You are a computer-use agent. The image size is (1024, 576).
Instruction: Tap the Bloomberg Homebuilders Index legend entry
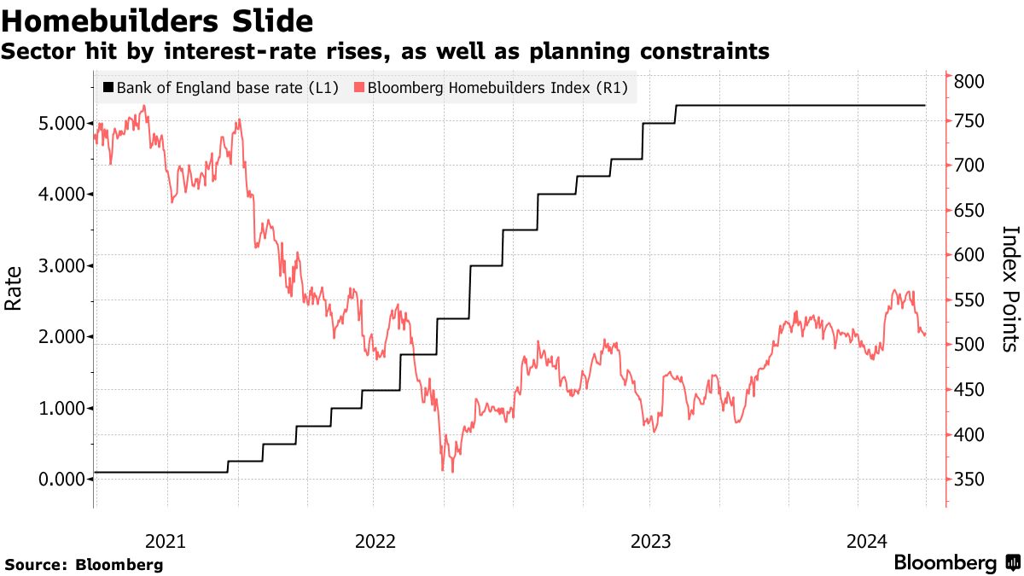pos(492,87)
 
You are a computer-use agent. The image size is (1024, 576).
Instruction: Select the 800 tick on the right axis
pos(970,82)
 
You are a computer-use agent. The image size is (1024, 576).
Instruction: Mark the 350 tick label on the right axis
pos(970,480)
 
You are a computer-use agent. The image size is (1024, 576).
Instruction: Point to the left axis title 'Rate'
pos(15,288)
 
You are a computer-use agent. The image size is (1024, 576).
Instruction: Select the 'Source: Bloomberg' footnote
pos(84,564)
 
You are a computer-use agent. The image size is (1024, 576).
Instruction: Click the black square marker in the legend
pos(108,87)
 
